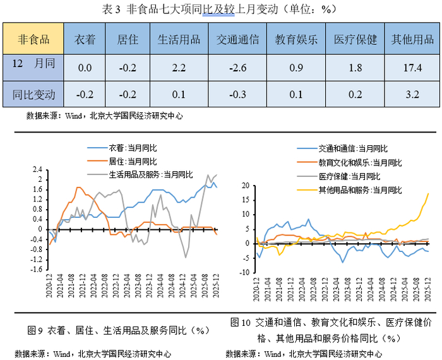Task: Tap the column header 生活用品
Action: click(179, 40)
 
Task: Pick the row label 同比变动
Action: click(35, 95)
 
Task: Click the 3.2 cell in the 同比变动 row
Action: click(411, 95)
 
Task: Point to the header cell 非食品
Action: click(35, 40)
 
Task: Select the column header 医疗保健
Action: click(355, 40)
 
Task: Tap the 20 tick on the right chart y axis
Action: click(244, 186)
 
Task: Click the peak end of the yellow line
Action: click(429, 193)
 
